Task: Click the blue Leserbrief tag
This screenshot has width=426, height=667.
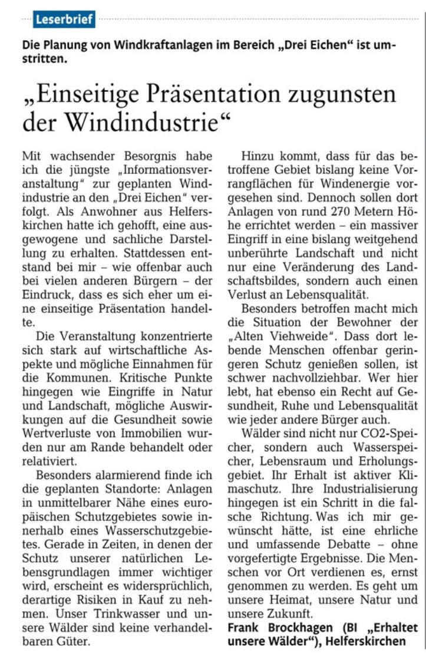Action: (x=64, y=19)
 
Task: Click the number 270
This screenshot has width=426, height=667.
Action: (x=328, y=212)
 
